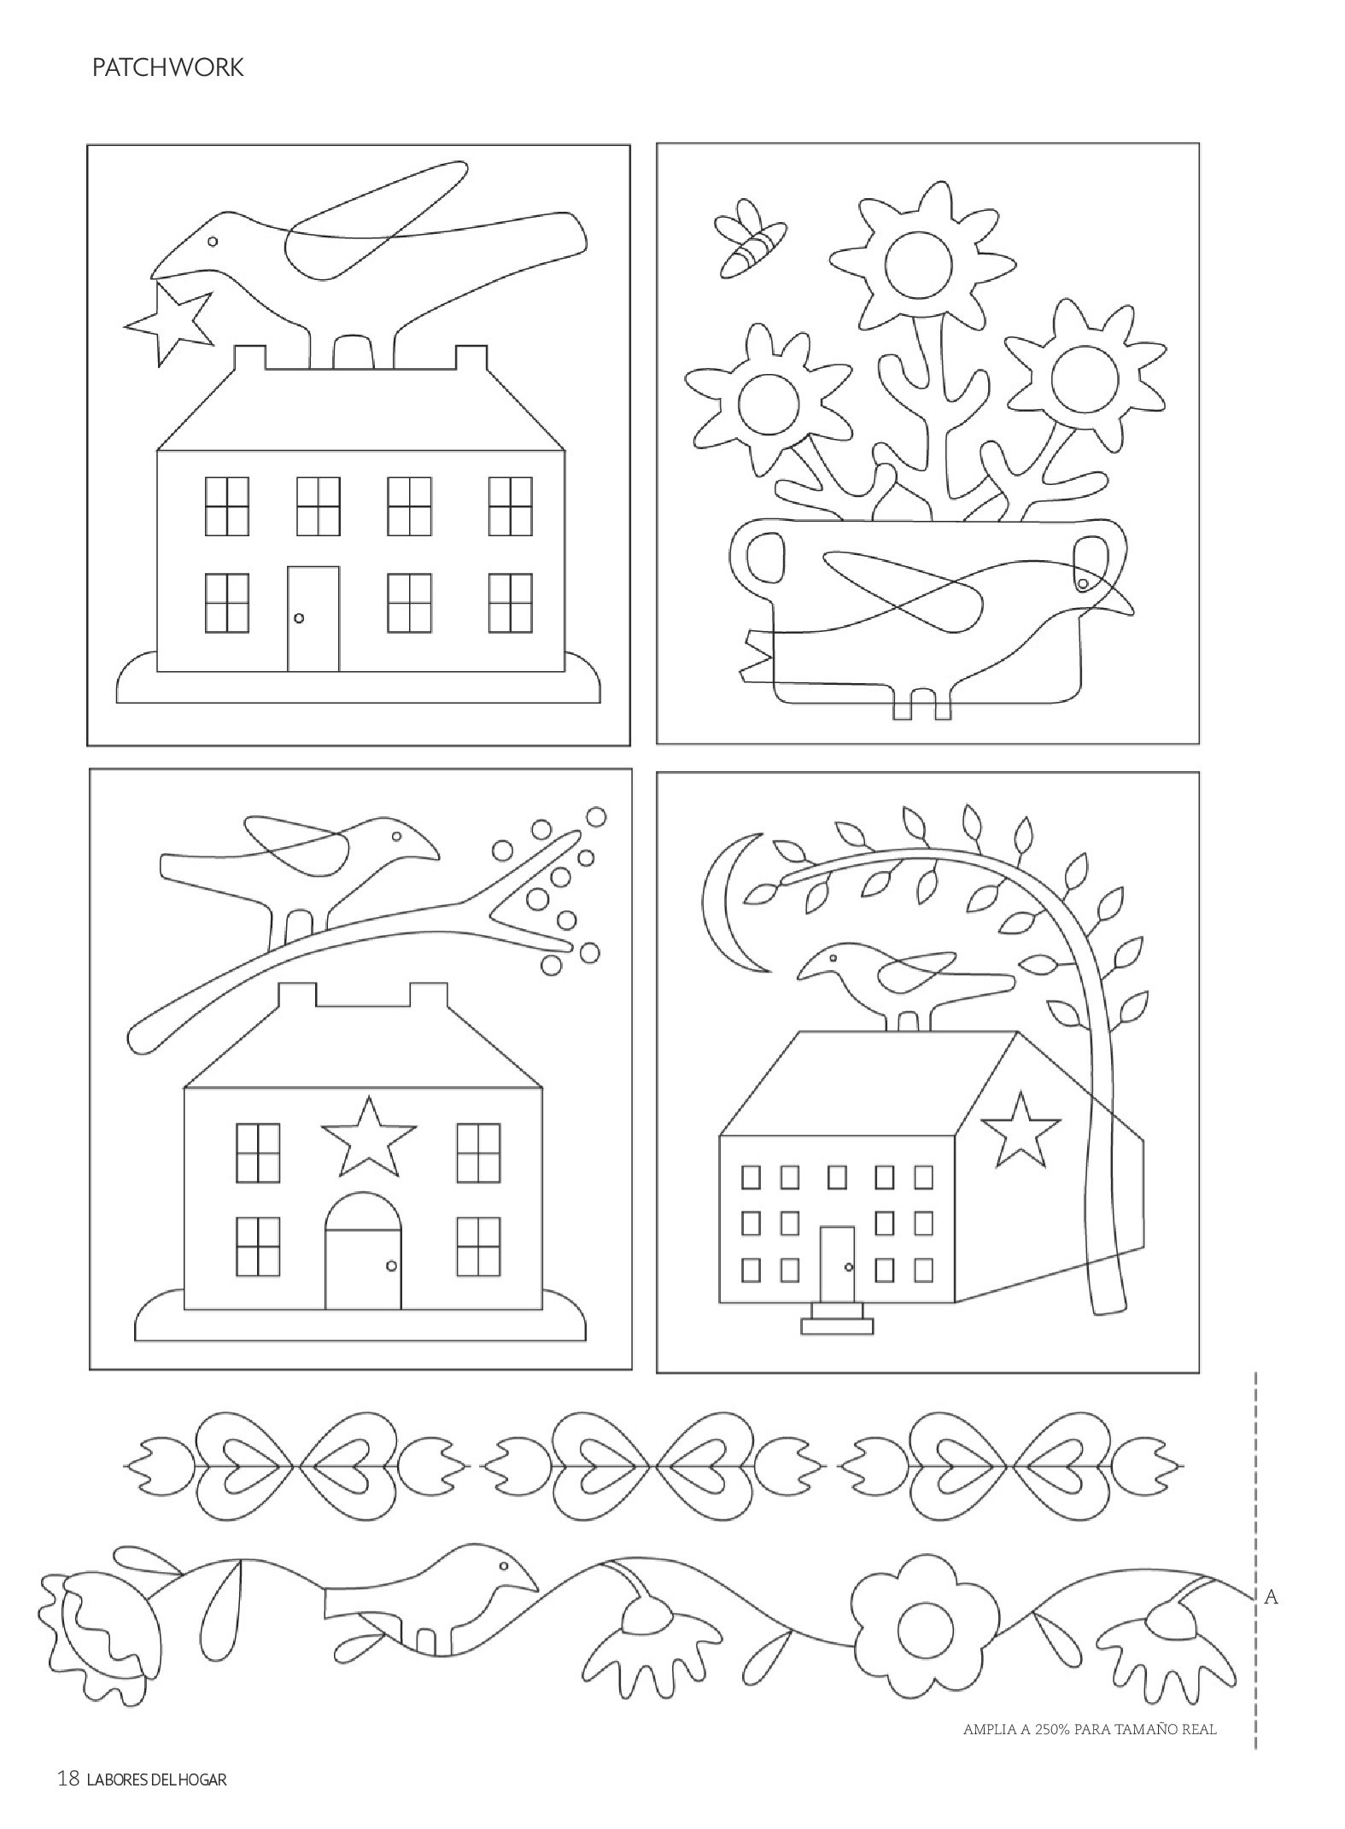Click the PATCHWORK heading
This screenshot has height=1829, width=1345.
167,68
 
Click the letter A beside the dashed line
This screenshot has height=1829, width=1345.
1271,1597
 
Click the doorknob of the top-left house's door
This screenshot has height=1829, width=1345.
298,617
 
